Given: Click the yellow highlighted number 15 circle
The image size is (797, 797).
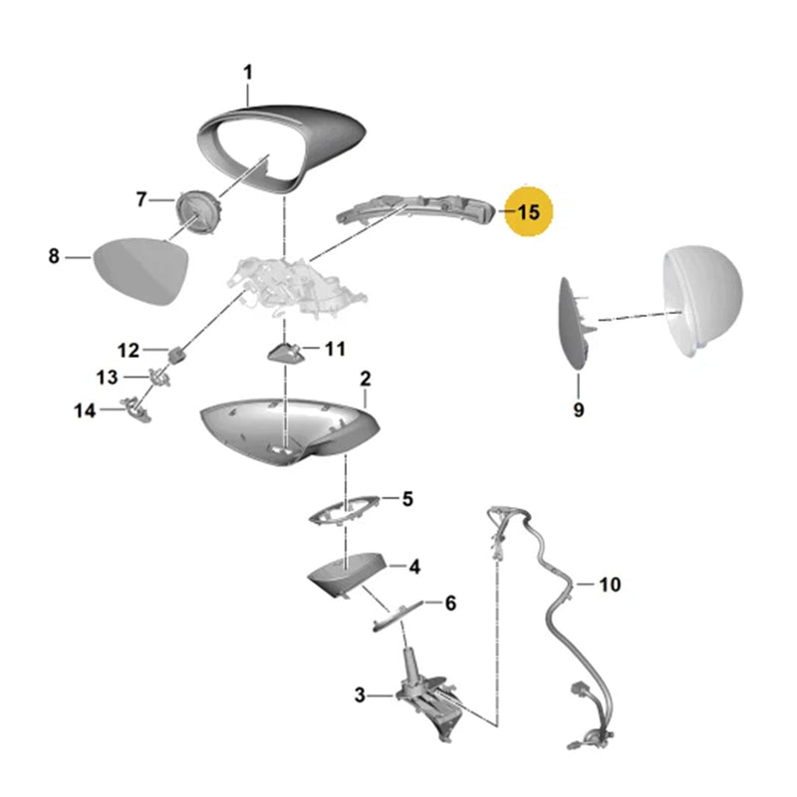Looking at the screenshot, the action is (x=528, y=211).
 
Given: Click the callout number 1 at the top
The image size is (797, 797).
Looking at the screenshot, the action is (x=248, y=73).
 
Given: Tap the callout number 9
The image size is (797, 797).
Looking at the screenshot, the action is (x=579, y=409).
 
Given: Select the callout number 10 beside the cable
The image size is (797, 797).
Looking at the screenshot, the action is (x=610, y=585).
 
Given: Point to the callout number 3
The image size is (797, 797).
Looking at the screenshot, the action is (x=360, y=694).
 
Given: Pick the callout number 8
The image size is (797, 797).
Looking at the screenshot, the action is (x=54, y=256).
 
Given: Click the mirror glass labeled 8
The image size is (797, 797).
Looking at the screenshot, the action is (x=140, y=270).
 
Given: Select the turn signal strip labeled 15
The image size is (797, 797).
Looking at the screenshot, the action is (x=415, y=208).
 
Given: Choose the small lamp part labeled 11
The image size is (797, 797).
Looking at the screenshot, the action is (x=285, y=352).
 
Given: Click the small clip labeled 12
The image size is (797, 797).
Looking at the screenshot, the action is (x=177, y=355).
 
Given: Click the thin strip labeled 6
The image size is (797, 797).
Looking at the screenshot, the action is (x=398, y=616).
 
